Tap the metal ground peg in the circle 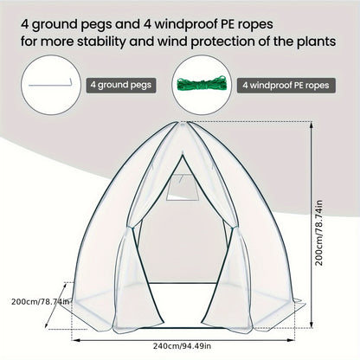coord(50,85)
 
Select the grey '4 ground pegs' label coord(121,85)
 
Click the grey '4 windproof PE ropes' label coord(286,85)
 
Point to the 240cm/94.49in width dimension coord(182,345)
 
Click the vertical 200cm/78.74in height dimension coord(318,233)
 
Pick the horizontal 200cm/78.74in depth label coord(41,302)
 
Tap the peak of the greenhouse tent coord(183,123)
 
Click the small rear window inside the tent coord(183,187)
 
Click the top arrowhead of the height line coord(312,125)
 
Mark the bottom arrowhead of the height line coord(312,325)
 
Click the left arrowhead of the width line coord(74,340)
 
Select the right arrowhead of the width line coord(292,340)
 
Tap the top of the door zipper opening coord(183,155)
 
